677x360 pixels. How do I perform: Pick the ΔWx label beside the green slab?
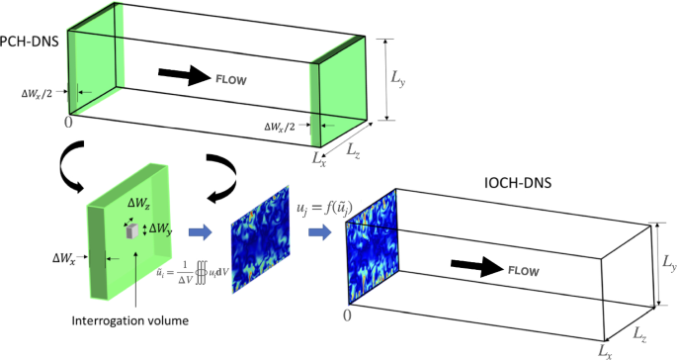click(66, 264)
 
